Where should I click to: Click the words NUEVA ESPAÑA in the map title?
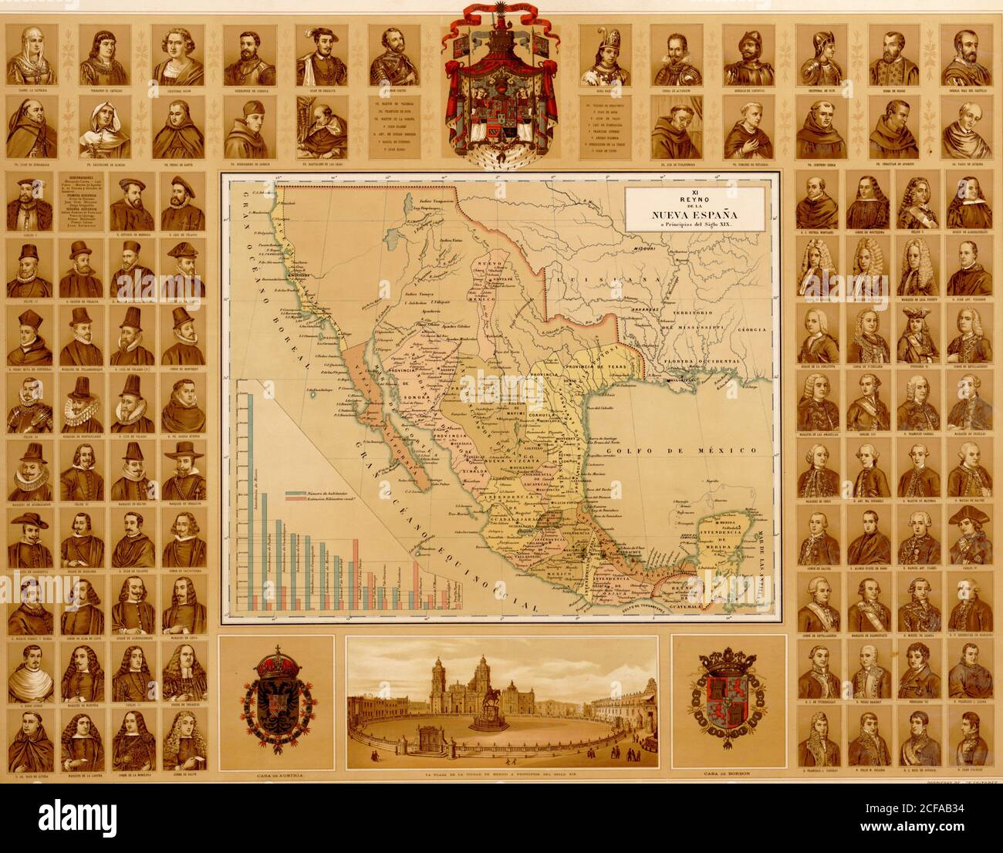click(682, 214)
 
